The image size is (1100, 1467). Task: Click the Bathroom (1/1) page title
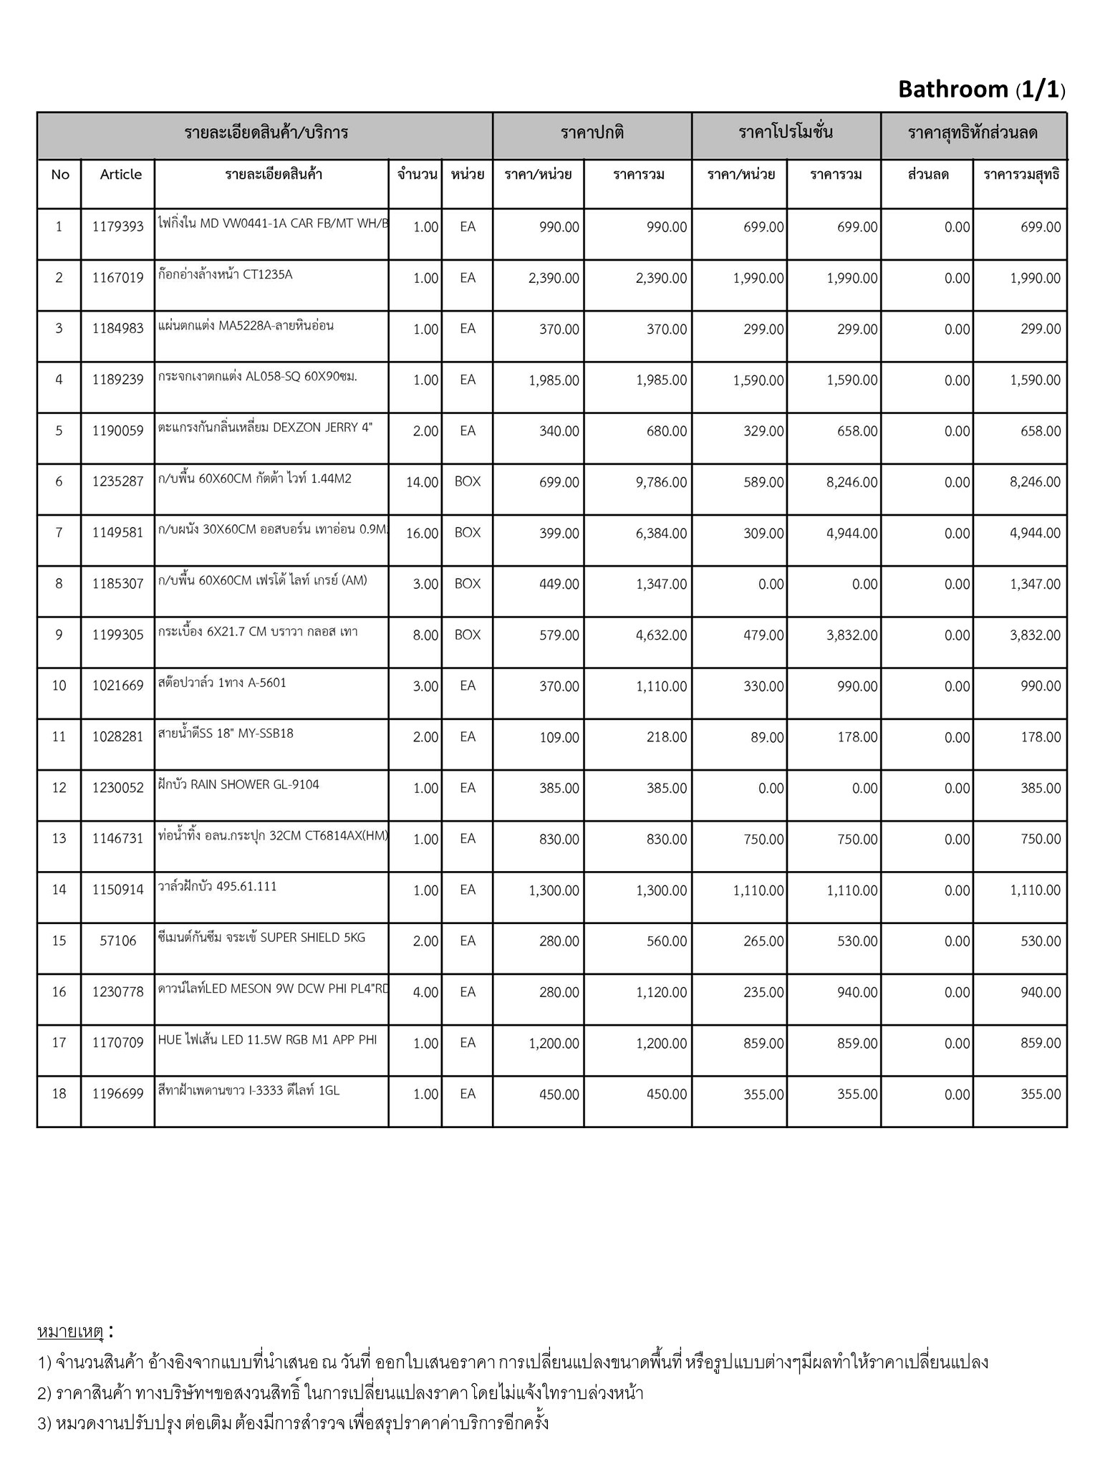981,90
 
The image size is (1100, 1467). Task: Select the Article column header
120,174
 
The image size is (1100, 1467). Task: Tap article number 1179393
117,227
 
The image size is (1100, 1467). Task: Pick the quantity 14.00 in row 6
422,482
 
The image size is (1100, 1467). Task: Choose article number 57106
117,941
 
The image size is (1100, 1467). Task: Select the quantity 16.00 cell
422,533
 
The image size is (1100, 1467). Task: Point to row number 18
59,1093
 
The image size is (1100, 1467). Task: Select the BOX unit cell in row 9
467,635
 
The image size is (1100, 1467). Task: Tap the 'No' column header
60,174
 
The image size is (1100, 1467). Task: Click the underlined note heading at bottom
71,1332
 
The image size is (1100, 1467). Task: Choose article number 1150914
117,890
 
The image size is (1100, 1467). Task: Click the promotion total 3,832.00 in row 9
851,635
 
